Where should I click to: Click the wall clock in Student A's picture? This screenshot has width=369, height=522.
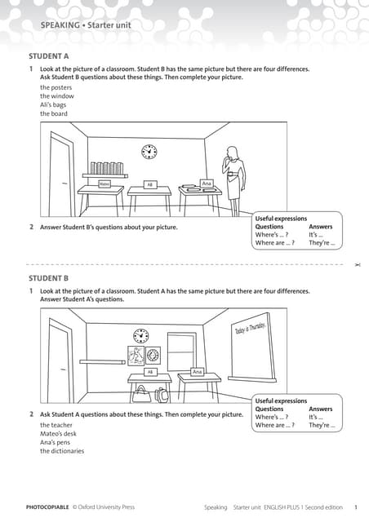[149, 152]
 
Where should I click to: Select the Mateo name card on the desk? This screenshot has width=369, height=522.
[104, 184]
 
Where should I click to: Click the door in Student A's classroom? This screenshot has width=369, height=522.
[60, 175]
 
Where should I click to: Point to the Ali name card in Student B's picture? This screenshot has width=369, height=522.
[149, 372]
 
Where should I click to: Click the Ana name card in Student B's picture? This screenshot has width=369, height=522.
[196, 372]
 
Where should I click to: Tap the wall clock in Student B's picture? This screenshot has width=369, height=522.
[141, 336]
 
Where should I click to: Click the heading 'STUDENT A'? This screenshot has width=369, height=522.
[48, 56]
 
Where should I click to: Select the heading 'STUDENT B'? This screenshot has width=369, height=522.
[48, 278]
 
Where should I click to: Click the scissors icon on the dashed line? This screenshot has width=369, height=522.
[357, 265]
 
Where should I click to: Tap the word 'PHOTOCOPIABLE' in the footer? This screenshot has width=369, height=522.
[47, 507]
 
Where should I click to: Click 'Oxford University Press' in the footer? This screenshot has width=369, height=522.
[107, 507]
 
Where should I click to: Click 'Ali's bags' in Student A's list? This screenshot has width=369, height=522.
[54, 105]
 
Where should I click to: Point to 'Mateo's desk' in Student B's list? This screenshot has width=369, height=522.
[60, 434]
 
